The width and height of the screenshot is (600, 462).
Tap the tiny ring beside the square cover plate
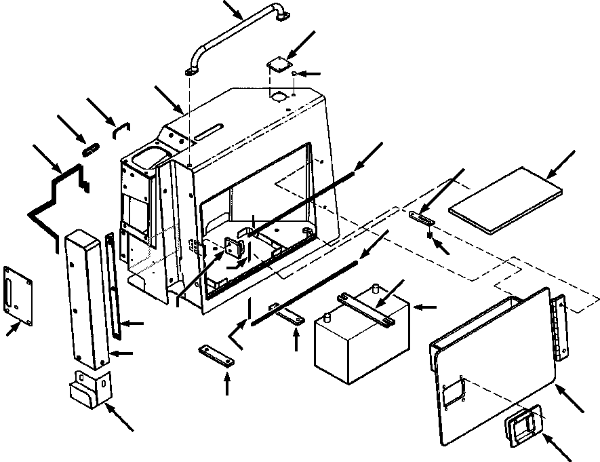pyautogui.click(x=294, y=73)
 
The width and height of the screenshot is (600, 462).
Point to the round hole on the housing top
pyautogui.click(x=277, y=97)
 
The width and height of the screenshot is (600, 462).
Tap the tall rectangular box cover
pyautogui.click(x=86, y=295)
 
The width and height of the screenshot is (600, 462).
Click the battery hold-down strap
pyautogui.click(x=366, y=309)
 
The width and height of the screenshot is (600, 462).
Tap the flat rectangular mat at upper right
pyautogui.click(x=505, y=197)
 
